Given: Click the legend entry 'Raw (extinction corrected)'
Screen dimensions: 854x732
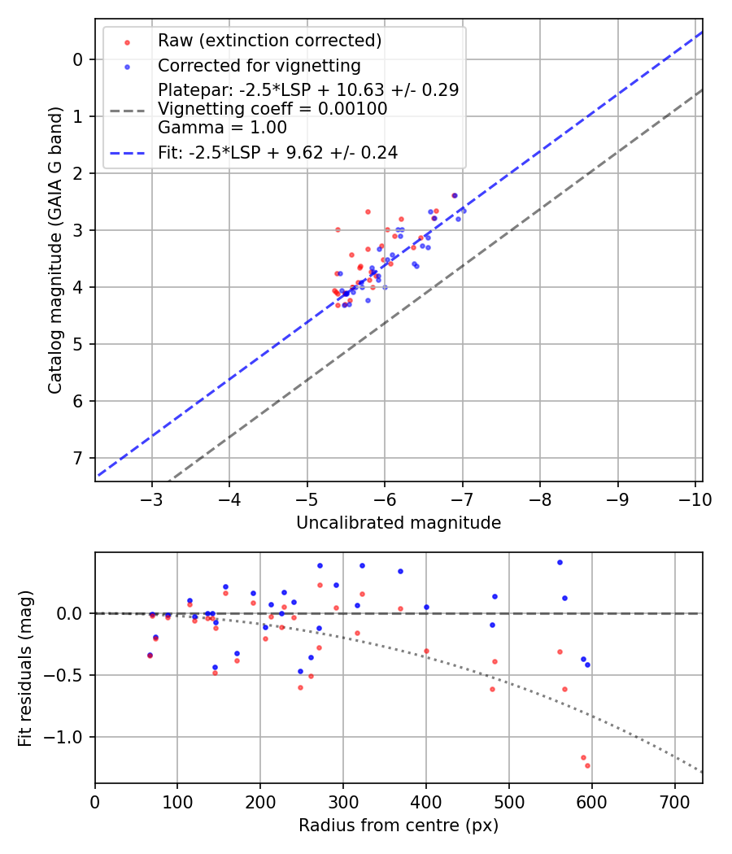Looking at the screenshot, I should click(x=269, y=41).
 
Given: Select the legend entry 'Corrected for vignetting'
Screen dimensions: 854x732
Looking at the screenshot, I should click(x=259, y=65).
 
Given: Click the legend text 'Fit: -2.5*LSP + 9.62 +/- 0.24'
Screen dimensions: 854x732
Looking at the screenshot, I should click(x=277, y=152).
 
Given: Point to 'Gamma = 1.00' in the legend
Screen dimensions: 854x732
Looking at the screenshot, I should click(x=222, y=127).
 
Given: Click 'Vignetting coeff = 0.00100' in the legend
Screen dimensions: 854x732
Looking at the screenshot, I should click(x=272, y=108).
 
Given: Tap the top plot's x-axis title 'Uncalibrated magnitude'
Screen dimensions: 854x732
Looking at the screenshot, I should click(x=399, y=523).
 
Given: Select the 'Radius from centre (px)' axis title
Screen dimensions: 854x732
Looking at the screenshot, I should click(x=399, y=826).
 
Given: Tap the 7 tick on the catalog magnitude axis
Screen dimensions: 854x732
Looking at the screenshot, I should click(x=78, y=458).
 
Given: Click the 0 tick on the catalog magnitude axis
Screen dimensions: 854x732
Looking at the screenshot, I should click(x=78, y=59).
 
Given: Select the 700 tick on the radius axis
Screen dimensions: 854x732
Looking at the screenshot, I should click(x=674, y=802).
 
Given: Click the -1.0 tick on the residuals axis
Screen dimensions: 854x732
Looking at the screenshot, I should click(x=68, y=737).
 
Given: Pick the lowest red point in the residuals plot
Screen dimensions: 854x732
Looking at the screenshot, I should click(x=587, y=765).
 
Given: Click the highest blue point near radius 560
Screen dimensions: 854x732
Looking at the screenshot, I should click(x=560, y=562).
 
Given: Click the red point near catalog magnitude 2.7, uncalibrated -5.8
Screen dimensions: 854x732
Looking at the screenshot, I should click(x=368, y=211).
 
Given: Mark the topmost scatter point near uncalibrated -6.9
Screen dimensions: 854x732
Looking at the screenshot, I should click(x=455, y=195).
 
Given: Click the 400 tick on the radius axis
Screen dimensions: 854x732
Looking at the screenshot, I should click(x=426, y=802).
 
